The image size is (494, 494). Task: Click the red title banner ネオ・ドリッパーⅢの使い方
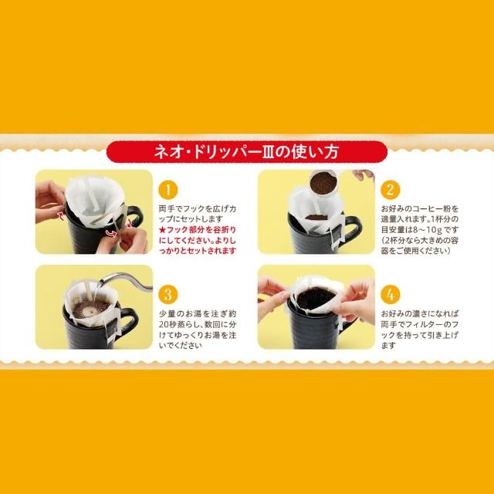[247, 152]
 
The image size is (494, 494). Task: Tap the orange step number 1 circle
[168, 190]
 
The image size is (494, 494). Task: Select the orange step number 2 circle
[390, 190]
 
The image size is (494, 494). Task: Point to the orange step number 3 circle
[168, 295]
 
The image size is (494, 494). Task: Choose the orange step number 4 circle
[390, 295]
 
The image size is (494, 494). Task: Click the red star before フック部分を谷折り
[163, 230]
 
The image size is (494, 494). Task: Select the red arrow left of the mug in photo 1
[60, 215]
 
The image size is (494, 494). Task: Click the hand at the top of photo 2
[364, 175]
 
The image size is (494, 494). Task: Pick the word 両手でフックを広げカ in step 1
[198, 208]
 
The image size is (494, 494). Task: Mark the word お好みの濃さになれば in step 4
[420, 314]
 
